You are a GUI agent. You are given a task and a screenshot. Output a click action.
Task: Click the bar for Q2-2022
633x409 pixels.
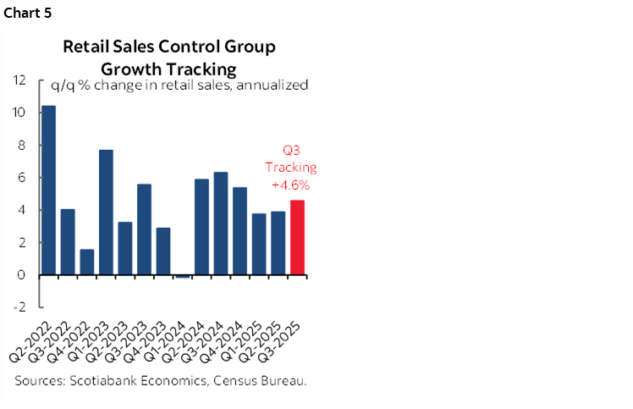(49, 191)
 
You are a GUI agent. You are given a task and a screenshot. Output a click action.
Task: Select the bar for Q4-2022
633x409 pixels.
(87, 262)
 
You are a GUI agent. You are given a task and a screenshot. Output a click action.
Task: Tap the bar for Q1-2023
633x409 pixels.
(106, 213)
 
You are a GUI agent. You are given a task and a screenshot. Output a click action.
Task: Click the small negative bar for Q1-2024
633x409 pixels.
(182, 276)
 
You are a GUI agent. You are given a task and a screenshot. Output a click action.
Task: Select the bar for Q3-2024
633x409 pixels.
(220, 224)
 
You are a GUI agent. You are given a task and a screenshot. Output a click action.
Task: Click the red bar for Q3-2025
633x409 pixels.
(296, 237)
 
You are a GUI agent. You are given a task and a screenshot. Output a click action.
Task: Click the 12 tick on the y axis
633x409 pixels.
(19, 80)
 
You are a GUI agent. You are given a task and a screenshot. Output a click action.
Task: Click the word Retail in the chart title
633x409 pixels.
(87, 47)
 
